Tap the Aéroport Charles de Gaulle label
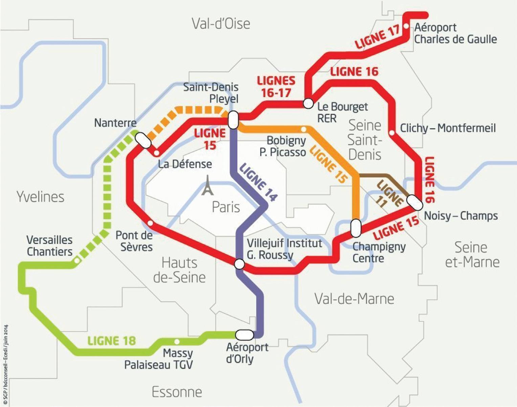pos(455,33)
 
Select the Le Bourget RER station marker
pos(308,103)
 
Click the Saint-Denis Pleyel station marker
pos(233,120)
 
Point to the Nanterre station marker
pos(143,140)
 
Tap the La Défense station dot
pos(156,153)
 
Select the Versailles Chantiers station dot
pos(77,260)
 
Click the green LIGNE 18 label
pos(112,341)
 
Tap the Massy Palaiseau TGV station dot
pos(176,341)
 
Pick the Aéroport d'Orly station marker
pos(244,335)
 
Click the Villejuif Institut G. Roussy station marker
pos(239,264)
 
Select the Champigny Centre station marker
pos(356,228)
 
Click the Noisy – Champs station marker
pos(415,202)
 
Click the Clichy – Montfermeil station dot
pos(392,133)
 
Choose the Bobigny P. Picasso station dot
pos(304,129)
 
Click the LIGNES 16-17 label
pos(276,87)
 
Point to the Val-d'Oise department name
pos(221,24)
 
